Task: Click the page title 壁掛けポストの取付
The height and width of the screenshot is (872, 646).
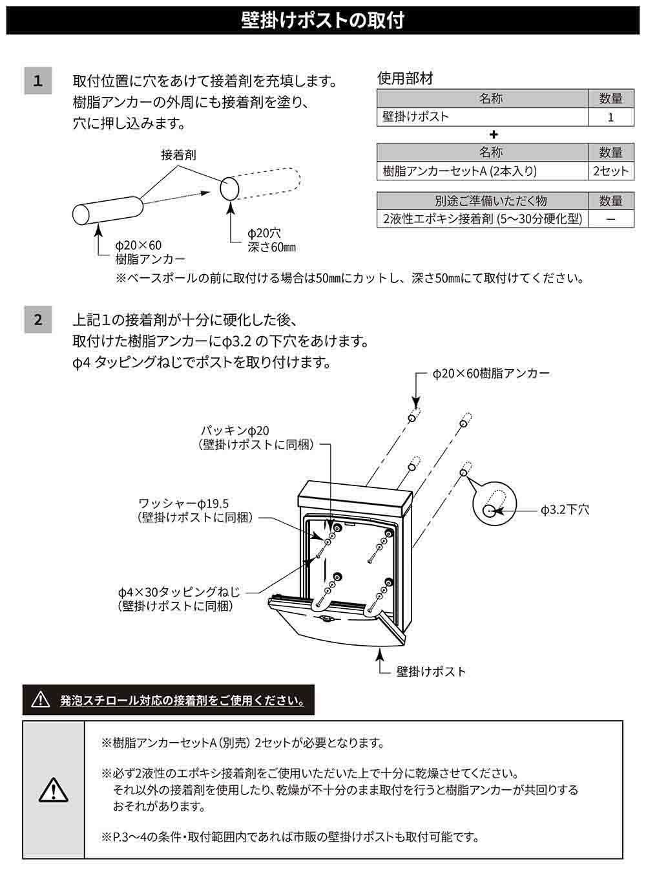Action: tap(322, 21)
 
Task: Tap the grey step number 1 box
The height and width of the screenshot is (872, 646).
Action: tap(38, 81)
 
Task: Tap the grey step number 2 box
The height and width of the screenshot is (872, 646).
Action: tap(38, 319)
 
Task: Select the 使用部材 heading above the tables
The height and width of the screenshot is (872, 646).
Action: tap(405, 78)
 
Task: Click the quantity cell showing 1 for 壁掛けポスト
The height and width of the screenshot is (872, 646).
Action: tap(610, 117)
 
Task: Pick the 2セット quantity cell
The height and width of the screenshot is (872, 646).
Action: tap(610, 171)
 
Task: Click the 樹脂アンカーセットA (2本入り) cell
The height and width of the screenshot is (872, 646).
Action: tap(483, 171)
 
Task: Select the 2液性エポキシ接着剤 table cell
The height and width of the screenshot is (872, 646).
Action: tap(483, 218)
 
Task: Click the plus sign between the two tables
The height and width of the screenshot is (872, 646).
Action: tap(494, 134)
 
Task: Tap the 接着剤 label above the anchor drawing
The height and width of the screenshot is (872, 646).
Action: tap(178, 155)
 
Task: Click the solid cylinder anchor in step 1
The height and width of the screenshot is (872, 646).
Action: tap(108, 211)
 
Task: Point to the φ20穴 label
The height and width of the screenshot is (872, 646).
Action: tap(264, 233)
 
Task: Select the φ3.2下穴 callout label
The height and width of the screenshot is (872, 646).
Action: tap(565, 510)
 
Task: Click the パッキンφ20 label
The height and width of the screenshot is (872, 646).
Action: tap(235, 431)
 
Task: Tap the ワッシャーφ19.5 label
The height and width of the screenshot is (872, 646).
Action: tap(183, 504)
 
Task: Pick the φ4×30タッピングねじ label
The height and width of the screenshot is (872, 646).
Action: tap(179, 591)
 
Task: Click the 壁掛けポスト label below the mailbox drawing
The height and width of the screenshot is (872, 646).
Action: tap(431, 672)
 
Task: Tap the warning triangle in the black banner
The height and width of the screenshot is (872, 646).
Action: tap(41, 700)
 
